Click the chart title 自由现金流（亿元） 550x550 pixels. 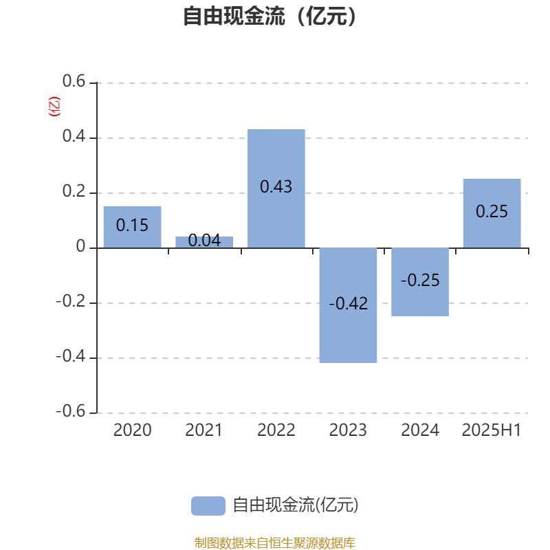[269, 16]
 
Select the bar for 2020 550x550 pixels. [132, 227]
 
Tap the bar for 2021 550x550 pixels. [204, 242]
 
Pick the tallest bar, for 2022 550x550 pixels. [276, 188]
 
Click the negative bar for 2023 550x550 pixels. [348, 305]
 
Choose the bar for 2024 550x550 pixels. [420, 282]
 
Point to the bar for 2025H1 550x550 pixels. [492, 213]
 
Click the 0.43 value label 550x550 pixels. [276, 186]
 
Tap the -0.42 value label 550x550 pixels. [349, 303]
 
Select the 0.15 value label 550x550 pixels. [132, 225]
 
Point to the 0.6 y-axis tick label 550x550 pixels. [74, 81]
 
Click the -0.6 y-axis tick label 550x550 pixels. [71, 410]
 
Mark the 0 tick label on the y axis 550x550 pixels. [80, 246]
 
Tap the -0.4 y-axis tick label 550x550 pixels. [71, 356]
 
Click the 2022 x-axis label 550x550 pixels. [276, 430]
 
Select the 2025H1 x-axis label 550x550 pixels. [492, 430]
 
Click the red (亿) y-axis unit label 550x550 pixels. [54, 107]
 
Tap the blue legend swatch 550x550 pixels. [208, 506]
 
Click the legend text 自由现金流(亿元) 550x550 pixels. [296, 505]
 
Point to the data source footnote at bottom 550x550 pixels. [274, 542]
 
